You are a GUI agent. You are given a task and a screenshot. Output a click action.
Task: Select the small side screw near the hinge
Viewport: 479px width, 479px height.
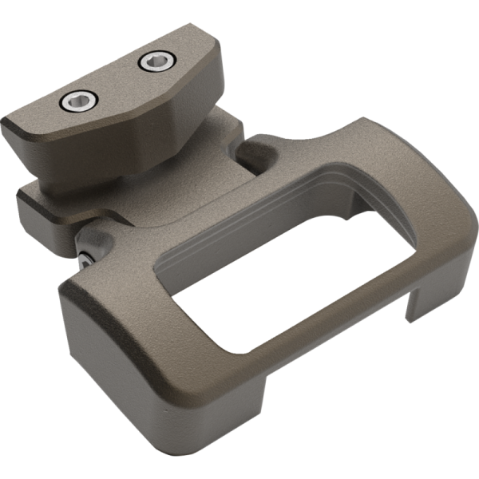[85, 256]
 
